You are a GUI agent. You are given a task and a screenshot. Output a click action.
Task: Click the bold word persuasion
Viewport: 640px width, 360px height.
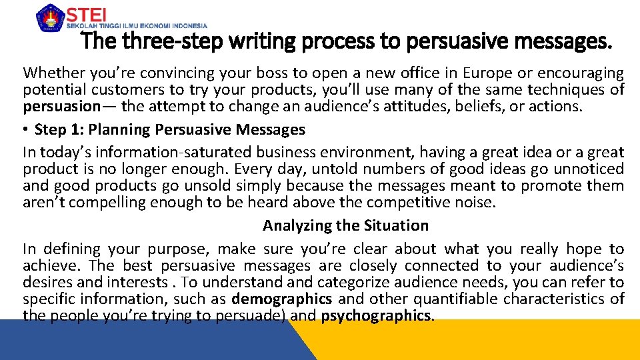coord(61,106)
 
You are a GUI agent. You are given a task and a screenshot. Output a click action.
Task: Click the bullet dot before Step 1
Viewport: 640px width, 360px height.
coord(27,129)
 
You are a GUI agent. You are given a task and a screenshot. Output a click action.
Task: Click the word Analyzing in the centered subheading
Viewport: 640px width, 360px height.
coord(297,225)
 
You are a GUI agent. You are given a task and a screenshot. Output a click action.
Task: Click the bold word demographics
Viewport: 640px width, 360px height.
coord(281,299)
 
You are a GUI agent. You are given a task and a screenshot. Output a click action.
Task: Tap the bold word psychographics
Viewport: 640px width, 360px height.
coord(377,315)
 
